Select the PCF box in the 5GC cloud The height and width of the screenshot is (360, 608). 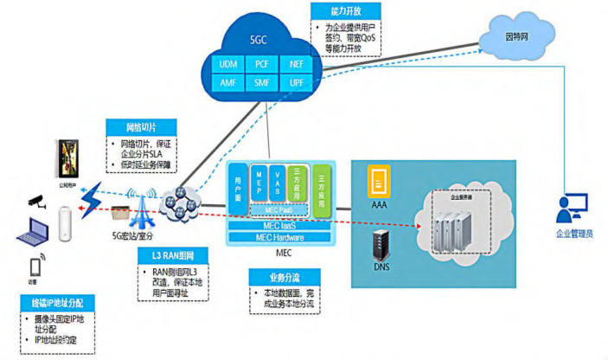[x=260, y=64]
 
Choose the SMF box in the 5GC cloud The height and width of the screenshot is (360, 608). [x=260, y=84]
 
